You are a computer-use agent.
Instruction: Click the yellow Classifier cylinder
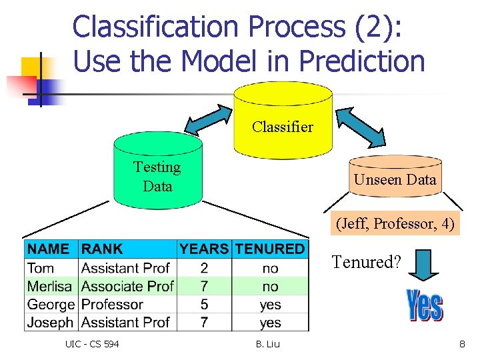pos(283,120)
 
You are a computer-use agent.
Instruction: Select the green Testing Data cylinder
pos(157,172)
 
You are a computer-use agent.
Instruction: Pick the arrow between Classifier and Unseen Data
pos(360,127)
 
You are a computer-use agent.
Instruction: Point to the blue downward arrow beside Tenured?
pos(423,264)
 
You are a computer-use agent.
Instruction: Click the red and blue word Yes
pos(425,305)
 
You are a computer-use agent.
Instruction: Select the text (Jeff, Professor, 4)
pos(395,223)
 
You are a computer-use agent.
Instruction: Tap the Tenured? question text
pos(366,262)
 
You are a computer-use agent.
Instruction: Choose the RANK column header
pos(101,249)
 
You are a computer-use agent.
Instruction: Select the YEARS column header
pos(204,249)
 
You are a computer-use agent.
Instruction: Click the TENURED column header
pos(270,249)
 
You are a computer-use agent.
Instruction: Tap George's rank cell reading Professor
pos(112,305)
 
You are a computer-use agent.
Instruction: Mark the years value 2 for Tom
pos(204,268)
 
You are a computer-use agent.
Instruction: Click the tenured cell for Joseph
pos(270,323)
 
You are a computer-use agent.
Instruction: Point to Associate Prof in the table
pos(127,286)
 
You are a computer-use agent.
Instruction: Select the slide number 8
pos(461,344)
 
